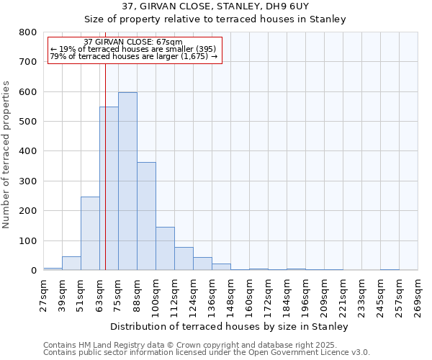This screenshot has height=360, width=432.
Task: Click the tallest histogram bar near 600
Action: [x=127, y=181]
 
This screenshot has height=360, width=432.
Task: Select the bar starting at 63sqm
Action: [x=109, y=189]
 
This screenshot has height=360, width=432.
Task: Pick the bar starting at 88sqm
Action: [x=146, y=216]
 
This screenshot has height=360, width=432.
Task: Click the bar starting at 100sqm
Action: [x=165, y=248]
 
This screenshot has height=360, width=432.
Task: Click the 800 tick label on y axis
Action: [x=27, y=32]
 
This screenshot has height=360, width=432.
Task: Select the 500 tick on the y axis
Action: [x=27, y=122]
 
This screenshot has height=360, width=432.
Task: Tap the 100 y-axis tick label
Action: [x=27, y=240]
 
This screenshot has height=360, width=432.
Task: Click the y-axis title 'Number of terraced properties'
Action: [x=6, y=155]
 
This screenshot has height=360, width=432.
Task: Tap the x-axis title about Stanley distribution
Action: [x=230, y=326]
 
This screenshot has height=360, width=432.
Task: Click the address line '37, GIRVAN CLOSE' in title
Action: [x=215, y=6]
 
